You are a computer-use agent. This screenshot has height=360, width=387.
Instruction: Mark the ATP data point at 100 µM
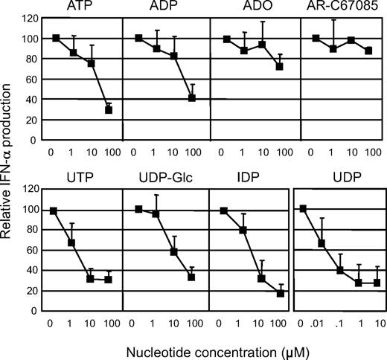(109, 109)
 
